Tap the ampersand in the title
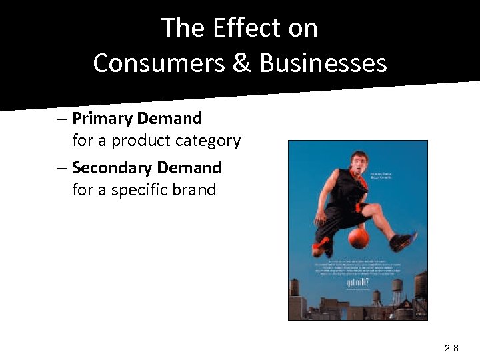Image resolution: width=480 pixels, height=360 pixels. (x=245, y=63)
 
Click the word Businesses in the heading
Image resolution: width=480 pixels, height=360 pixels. (x=323, y=63)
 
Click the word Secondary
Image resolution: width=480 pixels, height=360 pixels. (x=111, y=167)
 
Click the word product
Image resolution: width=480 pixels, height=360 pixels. (x=138, y=141)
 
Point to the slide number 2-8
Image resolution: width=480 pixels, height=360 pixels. (x=451, y=348)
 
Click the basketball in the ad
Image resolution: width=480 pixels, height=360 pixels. (x=358, y=238)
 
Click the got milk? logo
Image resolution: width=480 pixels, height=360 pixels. (x=356, y=283)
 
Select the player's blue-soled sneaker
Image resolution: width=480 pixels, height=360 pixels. (x=405, y=240)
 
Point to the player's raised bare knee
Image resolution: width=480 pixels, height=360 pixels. (x=374, y=213)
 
